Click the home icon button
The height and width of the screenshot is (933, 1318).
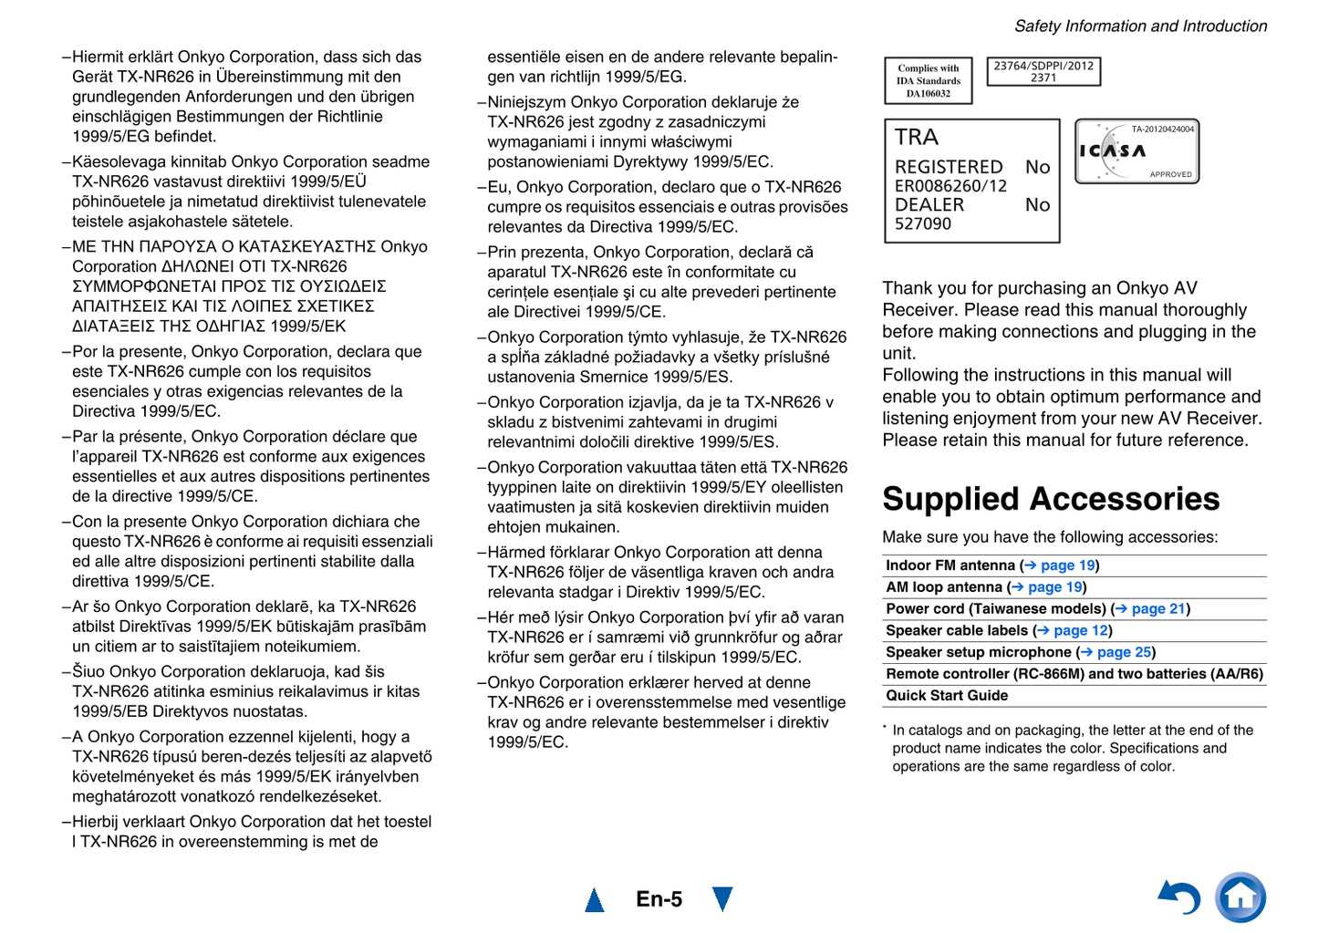click(1240, 897)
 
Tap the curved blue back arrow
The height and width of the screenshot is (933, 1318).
click(1179, 898)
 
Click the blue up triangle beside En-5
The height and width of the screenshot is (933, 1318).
click(595, 900)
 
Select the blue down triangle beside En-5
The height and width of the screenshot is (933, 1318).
click(722, 898)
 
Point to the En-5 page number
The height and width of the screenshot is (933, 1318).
click(659, 899)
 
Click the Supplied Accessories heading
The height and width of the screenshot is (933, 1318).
click(1051, 499)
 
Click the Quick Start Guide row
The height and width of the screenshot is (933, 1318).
click(947, 695)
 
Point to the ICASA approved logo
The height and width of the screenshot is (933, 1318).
click(1136, 151)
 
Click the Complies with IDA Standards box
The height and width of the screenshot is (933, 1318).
click(929, 80)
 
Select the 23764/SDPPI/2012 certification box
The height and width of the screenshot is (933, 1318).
click(1043, 71)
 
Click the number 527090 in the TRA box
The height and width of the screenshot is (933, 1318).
click(923, 223)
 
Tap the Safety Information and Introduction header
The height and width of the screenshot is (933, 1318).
click(1140, 26)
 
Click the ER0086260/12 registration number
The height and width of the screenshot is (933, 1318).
click(950, 186)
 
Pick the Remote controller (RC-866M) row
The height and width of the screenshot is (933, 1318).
click(1074, 674)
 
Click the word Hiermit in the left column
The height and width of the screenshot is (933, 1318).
click(99, 57)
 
